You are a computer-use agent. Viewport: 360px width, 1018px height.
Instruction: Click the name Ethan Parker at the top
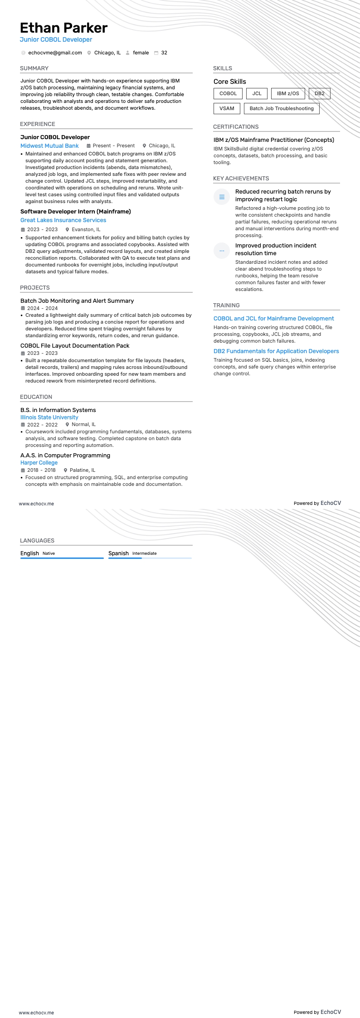click(x=63, y=28)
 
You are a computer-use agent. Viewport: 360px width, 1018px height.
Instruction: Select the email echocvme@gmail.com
click(x=55, y=53)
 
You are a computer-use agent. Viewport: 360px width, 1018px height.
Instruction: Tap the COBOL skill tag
click(x=228, y=94)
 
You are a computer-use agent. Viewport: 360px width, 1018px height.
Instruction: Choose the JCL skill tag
click(x=257, y=94)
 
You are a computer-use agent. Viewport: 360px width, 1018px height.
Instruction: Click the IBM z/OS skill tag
click(x=288, y=94)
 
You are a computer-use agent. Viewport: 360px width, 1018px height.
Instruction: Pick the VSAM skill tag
click(x=227, y=109)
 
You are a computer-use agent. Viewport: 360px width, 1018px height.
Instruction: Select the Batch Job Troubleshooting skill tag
click(x=282, y=109)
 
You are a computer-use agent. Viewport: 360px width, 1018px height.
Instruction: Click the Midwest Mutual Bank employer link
click(x=49, y=146)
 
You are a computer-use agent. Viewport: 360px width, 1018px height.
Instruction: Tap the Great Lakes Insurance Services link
click(x=63, y=220)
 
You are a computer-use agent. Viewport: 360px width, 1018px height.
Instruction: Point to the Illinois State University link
click(x=49, y=417)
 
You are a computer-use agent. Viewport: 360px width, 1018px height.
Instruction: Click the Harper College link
click(x=39, y=463)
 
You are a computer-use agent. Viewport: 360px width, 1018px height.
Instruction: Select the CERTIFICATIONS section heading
click(x=236, y=127)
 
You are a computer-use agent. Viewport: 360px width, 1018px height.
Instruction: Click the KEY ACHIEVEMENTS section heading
click(x=241, y=179)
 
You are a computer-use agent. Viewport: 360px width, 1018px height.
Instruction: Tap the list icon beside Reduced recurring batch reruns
click(x=222, y=197)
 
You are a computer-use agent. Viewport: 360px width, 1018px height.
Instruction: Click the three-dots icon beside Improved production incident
click(x=222, y=251)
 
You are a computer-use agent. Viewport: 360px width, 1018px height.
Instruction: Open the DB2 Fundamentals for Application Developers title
click(x=276, y=351)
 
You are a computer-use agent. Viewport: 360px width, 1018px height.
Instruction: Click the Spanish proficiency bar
click(x=150, y=558)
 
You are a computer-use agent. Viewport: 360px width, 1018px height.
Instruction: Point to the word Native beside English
click(x=49, y=553)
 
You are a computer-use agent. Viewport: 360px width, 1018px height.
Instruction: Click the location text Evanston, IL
click(x=86, y=230)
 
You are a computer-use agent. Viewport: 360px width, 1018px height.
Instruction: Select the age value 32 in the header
click(x=164, y=53)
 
